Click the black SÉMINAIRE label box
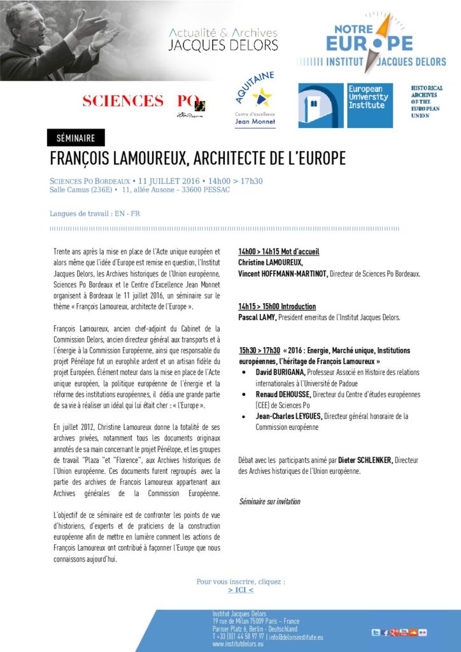[76, 138]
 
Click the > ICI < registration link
[240, 590]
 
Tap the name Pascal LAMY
[257, 317]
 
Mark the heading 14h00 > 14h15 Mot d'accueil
[278, 252]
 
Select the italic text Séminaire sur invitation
[269, 501]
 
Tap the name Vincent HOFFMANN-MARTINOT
[283, 274]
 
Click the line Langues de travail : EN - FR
[95, 213]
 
